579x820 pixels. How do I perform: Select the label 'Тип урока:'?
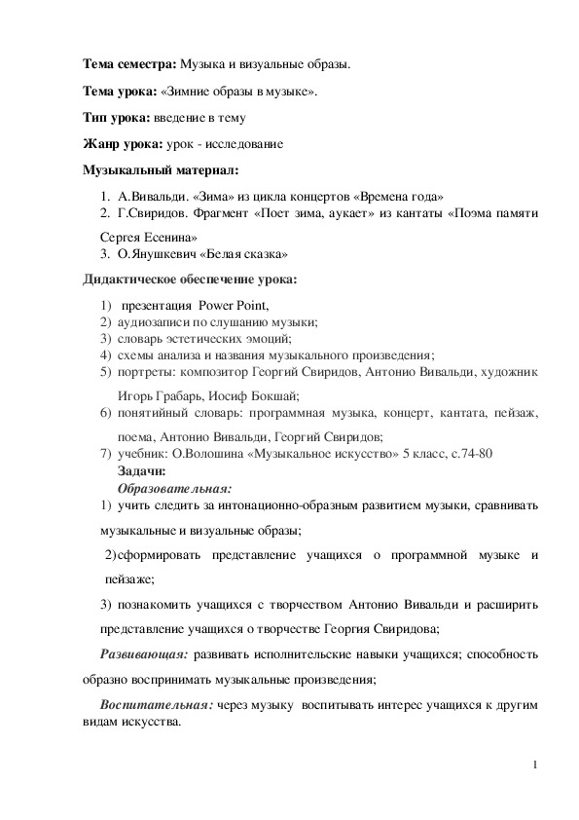(x=115, y=118)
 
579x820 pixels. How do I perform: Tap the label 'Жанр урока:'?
(x=121, y=144)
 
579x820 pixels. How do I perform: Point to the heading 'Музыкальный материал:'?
(x=153, y=171)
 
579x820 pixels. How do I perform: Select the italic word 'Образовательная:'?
(x=174, y=486)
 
